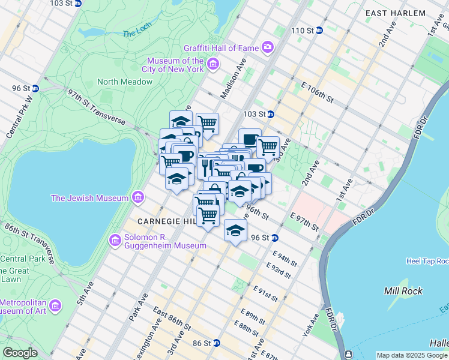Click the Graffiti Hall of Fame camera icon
(x=267, y=47)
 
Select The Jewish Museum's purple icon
(x=138, y=197)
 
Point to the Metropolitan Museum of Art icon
(x=55, y=306)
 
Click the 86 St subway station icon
(x=217, y=343)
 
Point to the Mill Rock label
(x=403, y=291)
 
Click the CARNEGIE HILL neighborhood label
(x=166, y=222)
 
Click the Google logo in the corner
(x=20, y=353)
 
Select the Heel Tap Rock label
(x=427, y=261)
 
